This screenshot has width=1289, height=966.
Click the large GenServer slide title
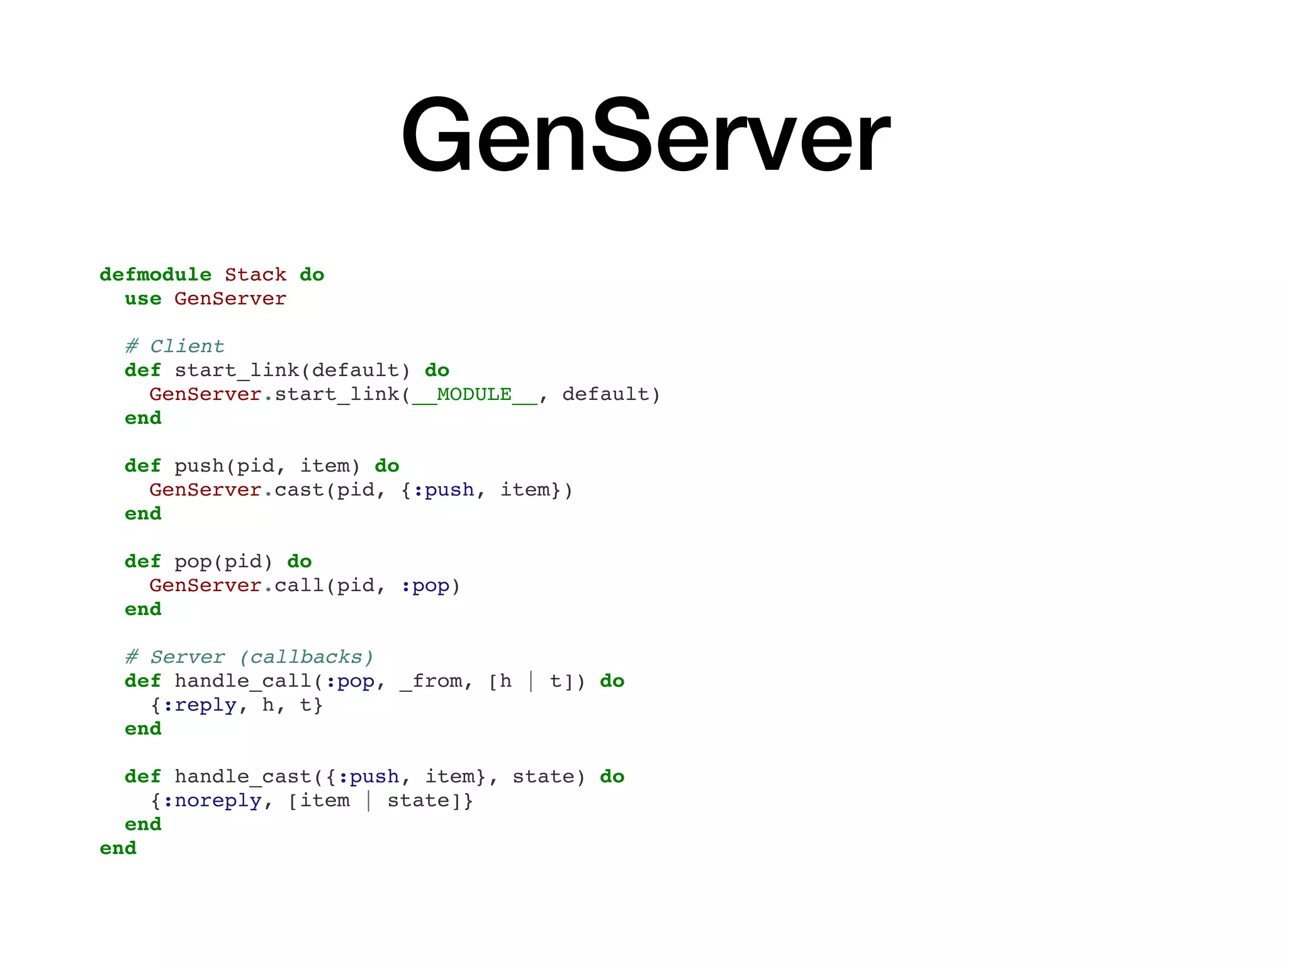pyautogui.click(x=645, y=135)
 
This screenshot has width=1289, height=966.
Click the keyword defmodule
pyautogui.click(x=155, y=275)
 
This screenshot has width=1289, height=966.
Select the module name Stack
pyautogui.click(x=256, y=275)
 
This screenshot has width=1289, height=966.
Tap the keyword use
pyautogui.click(x=143, y=299)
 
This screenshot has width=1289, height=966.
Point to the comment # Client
pyautogui.click(x=174, y=347)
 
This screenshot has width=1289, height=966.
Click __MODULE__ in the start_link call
pyautogui.click(x=475, y=394)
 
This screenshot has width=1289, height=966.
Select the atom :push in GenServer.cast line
pyautogui.click(x=443, y=490)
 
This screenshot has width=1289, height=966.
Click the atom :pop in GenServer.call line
pyautogui.click(x=425, y=586)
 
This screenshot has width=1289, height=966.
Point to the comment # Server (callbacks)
pyautogui.click(x=249, y=657)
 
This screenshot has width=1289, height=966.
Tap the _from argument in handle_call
pyautogui.click(x=431, y=681)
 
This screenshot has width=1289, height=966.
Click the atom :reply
pyautogui.click(x=200, y=705)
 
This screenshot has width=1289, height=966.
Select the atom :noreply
pyautogui.click(x=211, y=801)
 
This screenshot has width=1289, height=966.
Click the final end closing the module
pyautogui.click(x=118, y=848)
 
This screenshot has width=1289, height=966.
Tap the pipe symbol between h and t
pyautogui.click(x=531, y=681)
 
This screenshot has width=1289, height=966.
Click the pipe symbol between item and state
pyautogui.click(x=369, y=801)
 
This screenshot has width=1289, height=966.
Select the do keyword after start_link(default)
pyautogui.click(x=437, y=370)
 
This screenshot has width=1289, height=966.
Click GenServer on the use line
pyautogui.click(x=230, y=299)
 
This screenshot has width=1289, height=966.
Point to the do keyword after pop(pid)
pyautogui.click(x=300, y=562)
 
